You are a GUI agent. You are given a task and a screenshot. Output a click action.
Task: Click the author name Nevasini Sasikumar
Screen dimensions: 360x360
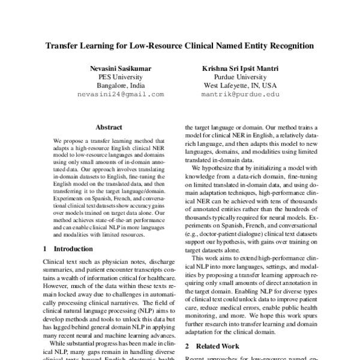(120, 69)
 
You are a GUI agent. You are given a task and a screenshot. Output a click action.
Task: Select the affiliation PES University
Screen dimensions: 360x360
(120, 77)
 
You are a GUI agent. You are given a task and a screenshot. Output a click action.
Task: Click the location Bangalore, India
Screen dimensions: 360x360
(120, 86)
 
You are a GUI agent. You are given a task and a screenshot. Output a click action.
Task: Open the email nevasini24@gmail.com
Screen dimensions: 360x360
(120, 95)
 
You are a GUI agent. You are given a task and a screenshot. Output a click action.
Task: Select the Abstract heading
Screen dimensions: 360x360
(109, 127)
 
